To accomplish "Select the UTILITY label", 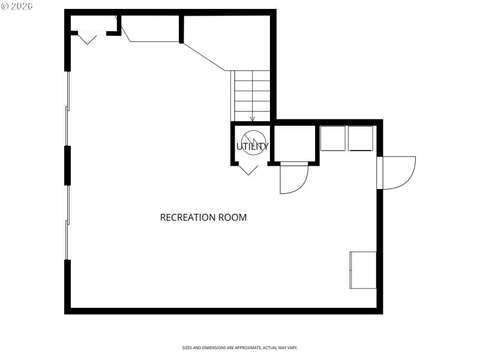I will (252, 146).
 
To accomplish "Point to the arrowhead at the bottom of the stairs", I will (253, 119).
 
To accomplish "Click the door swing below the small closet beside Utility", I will (293, 178).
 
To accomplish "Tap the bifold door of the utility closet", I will (248, 169).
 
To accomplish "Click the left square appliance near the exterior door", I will (333, 138).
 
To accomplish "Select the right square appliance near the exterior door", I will (361, 138).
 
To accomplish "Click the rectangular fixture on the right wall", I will (363, 270).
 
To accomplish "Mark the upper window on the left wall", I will (68, 109).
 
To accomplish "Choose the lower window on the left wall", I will (68, 222).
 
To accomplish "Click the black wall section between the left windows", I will (68, 165).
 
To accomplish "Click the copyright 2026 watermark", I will (17, 6).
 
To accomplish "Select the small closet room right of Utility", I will (294, 143).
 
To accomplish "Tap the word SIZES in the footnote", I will (188, 348).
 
